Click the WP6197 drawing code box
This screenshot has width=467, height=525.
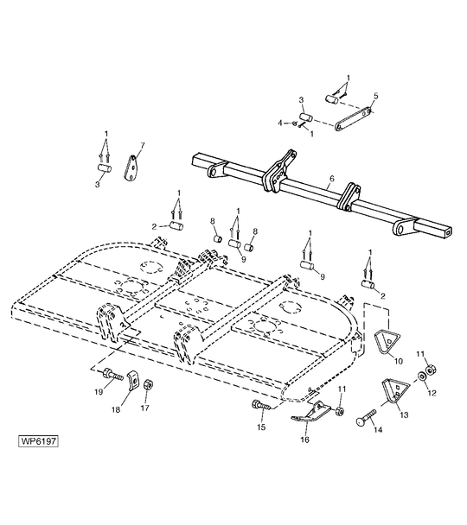pyautogui.click(x=39, y=441)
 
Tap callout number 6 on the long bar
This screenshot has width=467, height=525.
pyautogui.click(x=331, y=179)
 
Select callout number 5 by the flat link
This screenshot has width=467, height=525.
pyautogui.click(x=376, y=96)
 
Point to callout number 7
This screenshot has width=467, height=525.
pyautogui.click(x=143, y=145)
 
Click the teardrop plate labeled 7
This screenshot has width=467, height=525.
pyautogui.click(x=131, y=168)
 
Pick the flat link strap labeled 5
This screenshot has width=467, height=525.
pyautogui.click(x=354, y=118)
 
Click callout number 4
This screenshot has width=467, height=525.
pyautogui.click(x=280, y=123)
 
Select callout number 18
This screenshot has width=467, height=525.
pyautogui.click(x=116, y=409)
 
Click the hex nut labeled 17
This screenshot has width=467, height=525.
pyautogui.click(x=148, y=385)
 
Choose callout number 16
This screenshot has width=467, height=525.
pyautogui.click(x=304, y=440)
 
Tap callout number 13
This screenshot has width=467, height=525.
pyautogui.click(x=405, y=414)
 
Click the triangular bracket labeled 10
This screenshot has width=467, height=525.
pyautogui.click(x=387, y=342)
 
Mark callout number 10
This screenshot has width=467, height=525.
pyautogui.click(x=399, y=361)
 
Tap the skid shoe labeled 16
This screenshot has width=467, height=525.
pyautogui.click(x=310, y=412)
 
